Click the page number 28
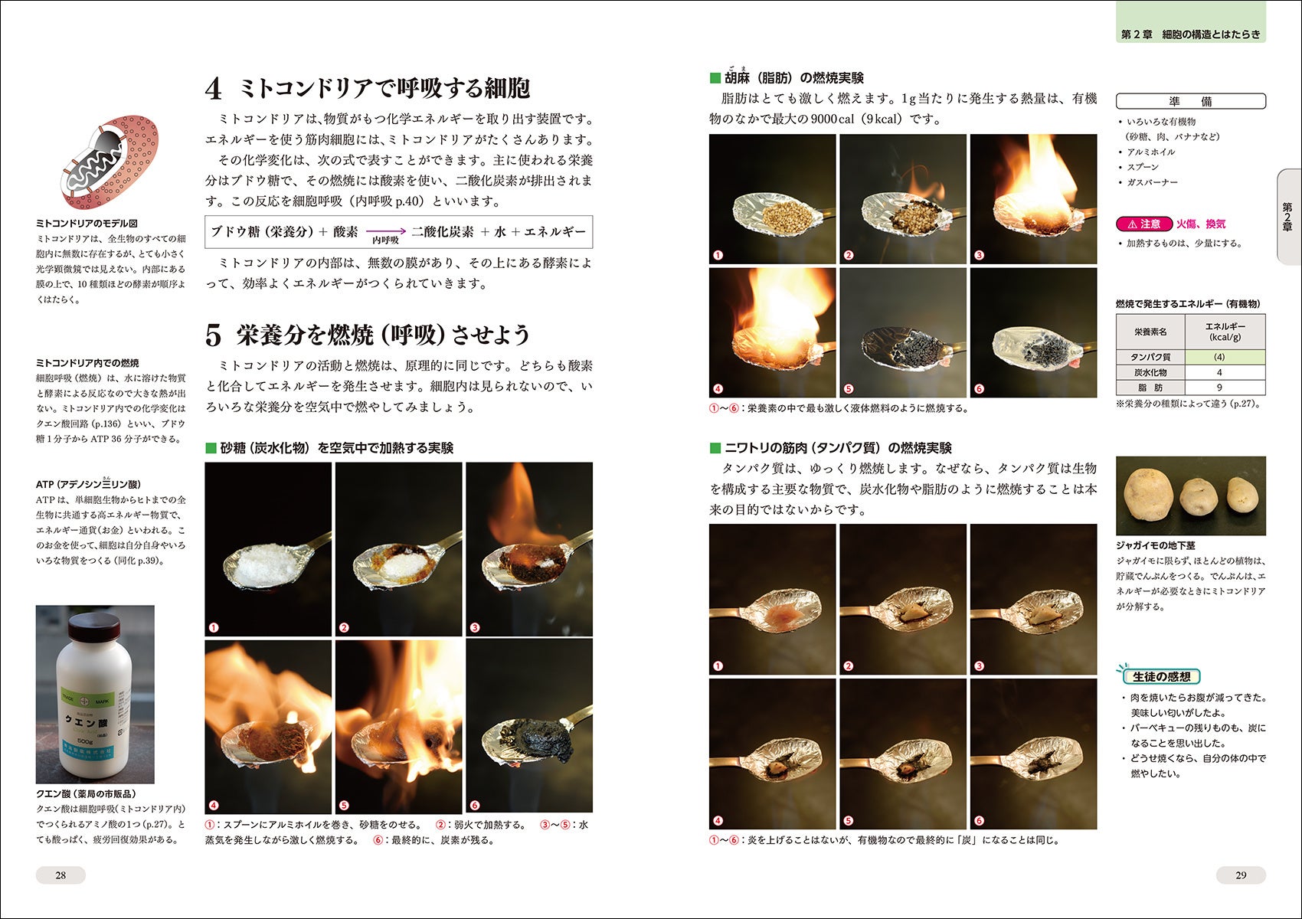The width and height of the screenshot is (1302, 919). [x=61, y=875]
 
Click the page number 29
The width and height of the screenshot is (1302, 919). [x=1241, y=875]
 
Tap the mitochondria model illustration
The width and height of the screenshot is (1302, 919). [x=110, y=162]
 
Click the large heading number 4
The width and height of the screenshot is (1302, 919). [x=214, y=89]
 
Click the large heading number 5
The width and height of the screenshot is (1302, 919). [x=214, y=335]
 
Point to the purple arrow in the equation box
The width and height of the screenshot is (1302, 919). [x=386, y=231]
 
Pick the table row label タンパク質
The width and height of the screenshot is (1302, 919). [x=1150, y=357]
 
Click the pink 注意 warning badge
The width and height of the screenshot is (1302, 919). [x=1144, y=224]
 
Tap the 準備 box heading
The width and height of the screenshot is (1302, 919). [x=1190, y=101]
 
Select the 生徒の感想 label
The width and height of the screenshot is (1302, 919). [x=1161, y=676]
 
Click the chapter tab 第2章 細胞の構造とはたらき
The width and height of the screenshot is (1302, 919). [x=1190, y=34]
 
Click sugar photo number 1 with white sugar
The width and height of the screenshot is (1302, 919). [x=268, y=549]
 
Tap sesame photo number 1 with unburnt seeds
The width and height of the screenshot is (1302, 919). [x=773, y=199]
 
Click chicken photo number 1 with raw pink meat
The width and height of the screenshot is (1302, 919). [x=773, y=600]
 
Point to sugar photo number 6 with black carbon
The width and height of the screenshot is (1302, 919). [x=529, y=727]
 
